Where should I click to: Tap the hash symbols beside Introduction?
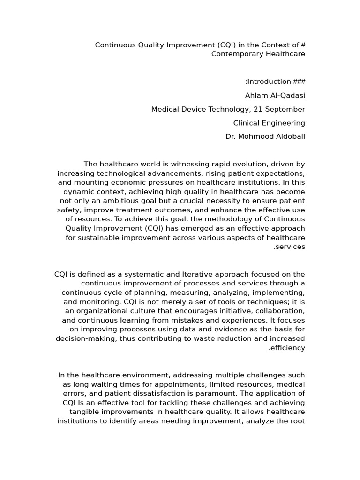299,82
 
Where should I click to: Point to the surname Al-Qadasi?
287,96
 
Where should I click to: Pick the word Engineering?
284,123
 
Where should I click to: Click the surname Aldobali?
287,137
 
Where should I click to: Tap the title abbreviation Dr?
231,137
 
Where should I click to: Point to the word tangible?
84,412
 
